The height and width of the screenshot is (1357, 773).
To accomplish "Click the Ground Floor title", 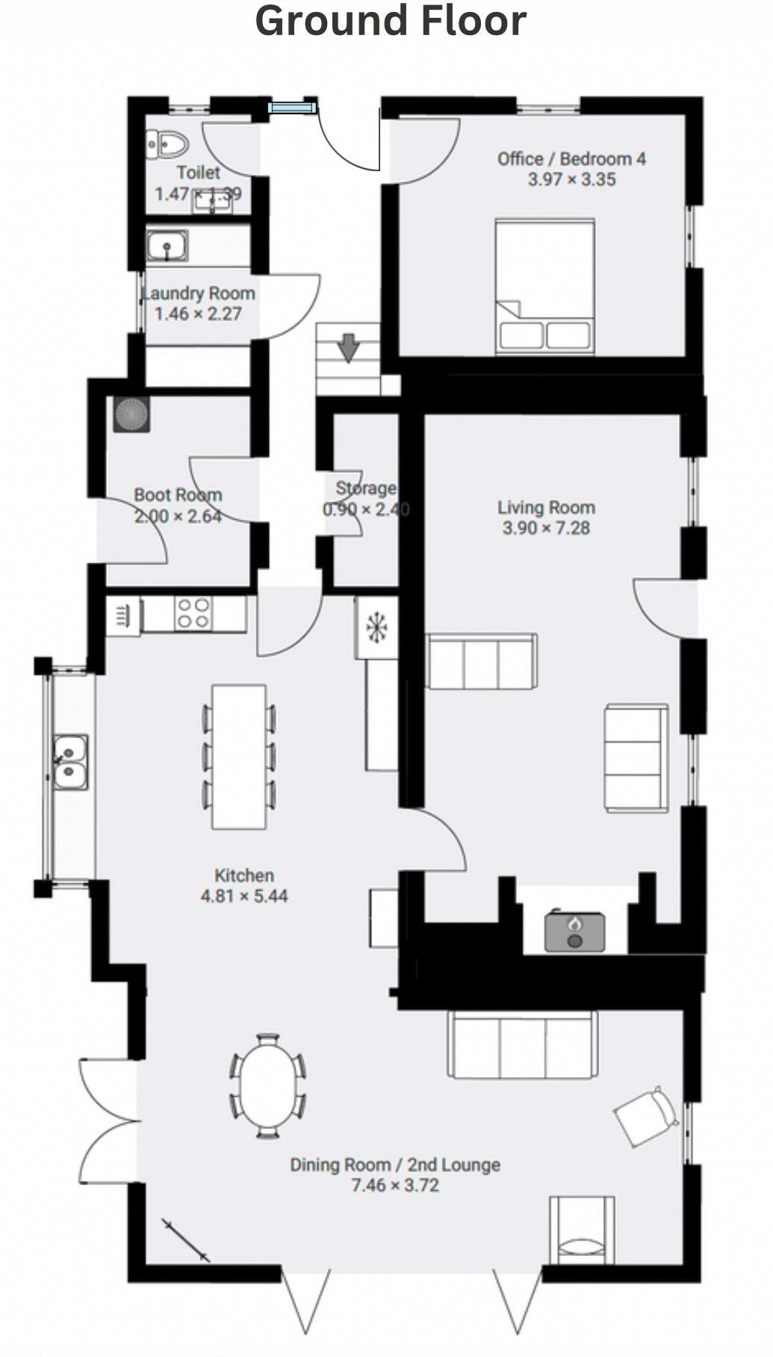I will [x=391, y=21].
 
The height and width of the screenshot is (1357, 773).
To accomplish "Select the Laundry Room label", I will [x=199, y=294].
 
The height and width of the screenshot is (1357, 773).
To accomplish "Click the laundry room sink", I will [x=167, y=246].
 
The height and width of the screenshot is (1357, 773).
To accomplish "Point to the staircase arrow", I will [x=348, y=347].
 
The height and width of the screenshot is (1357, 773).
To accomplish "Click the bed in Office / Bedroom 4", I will [x=544, y=285].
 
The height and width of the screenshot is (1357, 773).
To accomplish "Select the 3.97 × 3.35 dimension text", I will [x=571, y=179].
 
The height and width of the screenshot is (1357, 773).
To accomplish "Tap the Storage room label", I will [x=365, y=489].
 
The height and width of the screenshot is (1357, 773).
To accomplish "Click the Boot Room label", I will [x=178, y=495].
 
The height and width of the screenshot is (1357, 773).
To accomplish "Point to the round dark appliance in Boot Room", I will [x=131, y=413].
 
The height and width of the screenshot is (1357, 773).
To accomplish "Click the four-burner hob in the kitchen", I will [x=193, y=613].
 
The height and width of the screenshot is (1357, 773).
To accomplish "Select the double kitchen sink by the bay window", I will [x=69, y=761].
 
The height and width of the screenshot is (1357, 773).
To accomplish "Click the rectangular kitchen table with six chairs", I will [x=238, y=756].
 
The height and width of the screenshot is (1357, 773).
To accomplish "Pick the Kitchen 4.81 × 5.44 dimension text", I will [x=243, y=896].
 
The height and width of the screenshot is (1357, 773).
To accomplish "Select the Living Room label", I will [x=546, y=508].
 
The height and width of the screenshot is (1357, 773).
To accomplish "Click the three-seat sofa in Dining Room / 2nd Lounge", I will [x=522, y=1045].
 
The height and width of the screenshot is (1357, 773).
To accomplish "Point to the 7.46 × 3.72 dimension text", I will [x=394, y=1185].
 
